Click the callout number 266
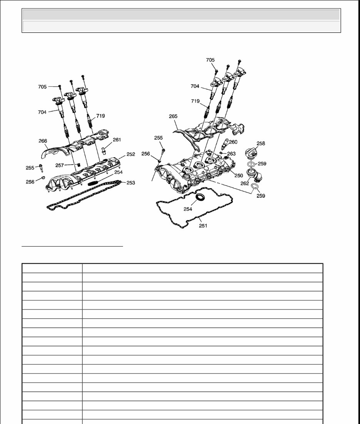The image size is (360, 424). click(x=43, y=141)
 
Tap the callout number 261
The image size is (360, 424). click(x=117, y=140)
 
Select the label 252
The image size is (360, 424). click(x=131, y=154)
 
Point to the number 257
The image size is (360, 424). click(x=60, y=165)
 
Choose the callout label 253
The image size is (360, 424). click(x=131, y=183)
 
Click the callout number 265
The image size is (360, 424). click(x=173, y=116)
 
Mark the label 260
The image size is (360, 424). click(x=233, y=142)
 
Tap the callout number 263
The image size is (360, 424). click(x=231, y=153)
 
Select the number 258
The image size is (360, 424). click(x=261, y=143)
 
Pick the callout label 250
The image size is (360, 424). click(x=239, y=175)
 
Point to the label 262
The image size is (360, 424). click(x=244, y=183)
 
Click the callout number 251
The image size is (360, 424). click(x=203, y=225)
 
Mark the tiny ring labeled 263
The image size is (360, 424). click(x=221, y=153)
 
